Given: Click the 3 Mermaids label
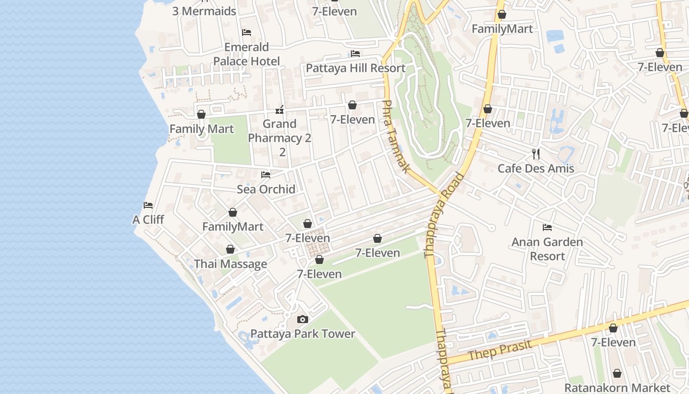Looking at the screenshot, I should (204, 11).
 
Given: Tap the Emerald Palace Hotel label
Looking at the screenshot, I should (247, 54).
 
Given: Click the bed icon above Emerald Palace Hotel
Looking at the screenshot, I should (247, 33).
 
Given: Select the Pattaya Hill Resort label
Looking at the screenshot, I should (355, 68).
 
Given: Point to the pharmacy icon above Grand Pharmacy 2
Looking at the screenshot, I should (280, 109).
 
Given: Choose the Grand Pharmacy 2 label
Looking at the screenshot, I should (280, 138).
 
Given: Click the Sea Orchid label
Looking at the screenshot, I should (266, 189).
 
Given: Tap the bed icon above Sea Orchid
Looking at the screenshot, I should (266, 175).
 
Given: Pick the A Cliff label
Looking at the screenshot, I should (148, 220).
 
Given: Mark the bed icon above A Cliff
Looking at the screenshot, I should (148, 205).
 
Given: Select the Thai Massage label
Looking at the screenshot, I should (230, 264).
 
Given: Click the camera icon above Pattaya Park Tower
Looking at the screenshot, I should (303, 320).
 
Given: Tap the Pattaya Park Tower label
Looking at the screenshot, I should (303, 334).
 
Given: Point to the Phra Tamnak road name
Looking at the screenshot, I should (395, 136).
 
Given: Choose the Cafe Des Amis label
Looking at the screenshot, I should (536, 168).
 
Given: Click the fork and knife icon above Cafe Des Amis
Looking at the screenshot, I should (536, 154).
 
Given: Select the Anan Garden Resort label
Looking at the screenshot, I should (547, 249).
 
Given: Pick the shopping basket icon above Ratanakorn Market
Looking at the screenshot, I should (617, 374).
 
